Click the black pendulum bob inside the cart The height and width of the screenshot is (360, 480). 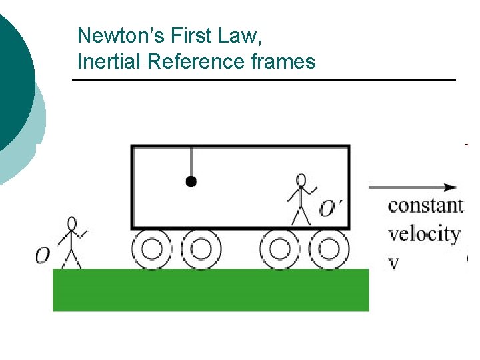[x=191, y=181]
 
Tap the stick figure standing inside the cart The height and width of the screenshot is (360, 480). [x=301, y=199]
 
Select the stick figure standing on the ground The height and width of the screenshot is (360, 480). [x=72, y=242]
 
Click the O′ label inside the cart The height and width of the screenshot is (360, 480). [x=331, y=209]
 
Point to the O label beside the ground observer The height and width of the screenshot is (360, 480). [x=43, y=255]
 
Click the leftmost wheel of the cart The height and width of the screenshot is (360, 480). [x=152, y=249]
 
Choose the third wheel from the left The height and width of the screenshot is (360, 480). [x=280, y=249]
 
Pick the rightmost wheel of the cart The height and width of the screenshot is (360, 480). [x=329, y=249]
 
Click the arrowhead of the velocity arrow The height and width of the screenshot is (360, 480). [x=452, y=187]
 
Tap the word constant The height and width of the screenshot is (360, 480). [x=425, y=205]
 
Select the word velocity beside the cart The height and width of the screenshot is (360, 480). [x=424, y=234]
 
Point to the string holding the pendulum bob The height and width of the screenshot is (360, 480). [x=191, y=162]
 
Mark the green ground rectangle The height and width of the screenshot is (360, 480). [x=211, y=289]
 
